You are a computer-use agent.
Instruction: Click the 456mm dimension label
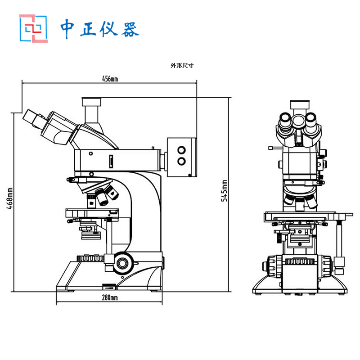point(110,79)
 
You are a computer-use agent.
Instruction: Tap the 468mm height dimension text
point(10,198)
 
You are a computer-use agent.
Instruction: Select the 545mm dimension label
point(224,191)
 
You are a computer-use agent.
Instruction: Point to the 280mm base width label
point(110,297)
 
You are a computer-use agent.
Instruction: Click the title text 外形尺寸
point(182,65)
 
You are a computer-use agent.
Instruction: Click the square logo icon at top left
point(33,28)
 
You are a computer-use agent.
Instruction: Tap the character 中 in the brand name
point(67,28)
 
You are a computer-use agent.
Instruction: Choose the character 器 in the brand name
point(130,29)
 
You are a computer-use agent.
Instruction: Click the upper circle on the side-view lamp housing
point(181,150)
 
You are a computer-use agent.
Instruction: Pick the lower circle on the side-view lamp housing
point(181,161)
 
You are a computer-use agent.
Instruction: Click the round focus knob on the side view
point(122,263)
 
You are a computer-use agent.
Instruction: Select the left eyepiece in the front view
point(285,120)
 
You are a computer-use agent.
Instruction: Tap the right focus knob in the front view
point(326,266)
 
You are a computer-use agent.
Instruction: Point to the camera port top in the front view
point(300,104)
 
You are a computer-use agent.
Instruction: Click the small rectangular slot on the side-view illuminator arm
point(111,161)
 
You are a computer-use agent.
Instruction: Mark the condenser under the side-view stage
point(91,230)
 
